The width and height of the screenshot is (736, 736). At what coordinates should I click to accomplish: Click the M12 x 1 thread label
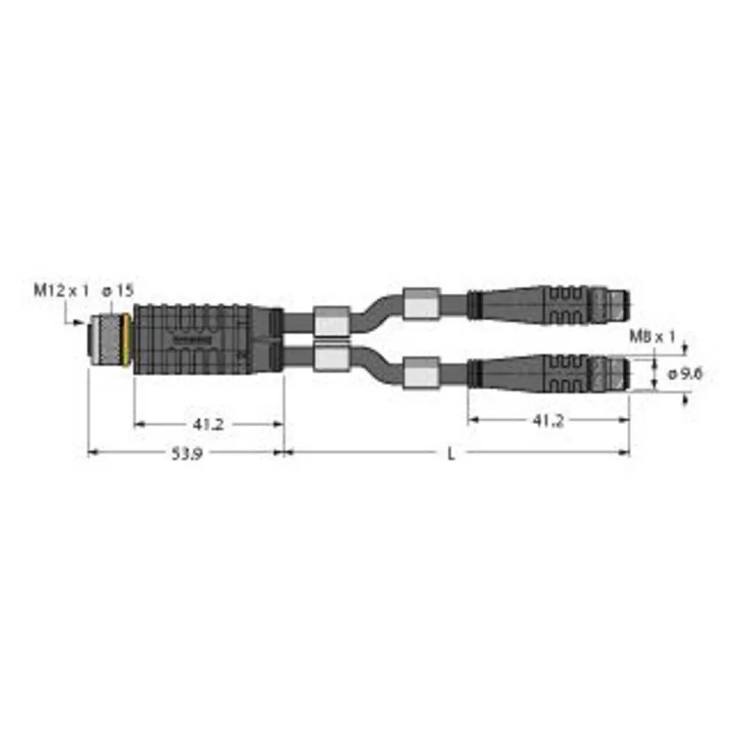tap(61, 291)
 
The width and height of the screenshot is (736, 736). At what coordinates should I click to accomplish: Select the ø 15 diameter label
tap(118, 291)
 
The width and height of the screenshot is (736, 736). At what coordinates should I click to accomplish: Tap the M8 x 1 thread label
tap(652, 337)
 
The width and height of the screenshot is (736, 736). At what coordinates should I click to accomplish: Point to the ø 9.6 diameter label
tap(685, 374)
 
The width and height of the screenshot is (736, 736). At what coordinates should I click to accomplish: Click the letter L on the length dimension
tap(452, 454)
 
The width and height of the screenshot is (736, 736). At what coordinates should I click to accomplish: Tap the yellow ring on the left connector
tap(130, 339)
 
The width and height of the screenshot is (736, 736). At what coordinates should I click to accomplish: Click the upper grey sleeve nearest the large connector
tap(330, 321)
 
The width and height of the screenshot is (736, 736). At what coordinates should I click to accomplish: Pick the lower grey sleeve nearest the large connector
tap(330, 358)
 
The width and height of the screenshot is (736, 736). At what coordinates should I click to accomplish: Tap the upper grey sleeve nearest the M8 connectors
tap(422, 302)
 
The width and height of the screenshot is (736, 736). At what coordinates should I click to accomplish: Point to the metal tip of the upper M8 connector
tap(613, 302)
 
